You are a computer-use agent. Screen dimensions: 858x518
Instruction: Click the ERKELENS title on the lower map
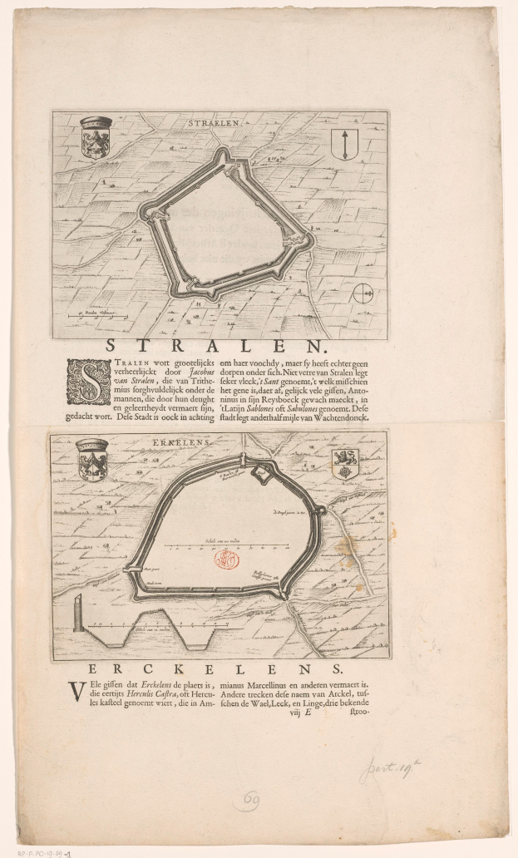(208, 443)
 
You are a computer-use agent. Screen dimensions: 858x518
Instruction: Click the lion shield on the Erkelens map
(343, 464)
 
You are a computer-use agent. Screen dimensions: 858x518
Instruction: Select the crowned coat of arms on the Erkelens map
(92, 460)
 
